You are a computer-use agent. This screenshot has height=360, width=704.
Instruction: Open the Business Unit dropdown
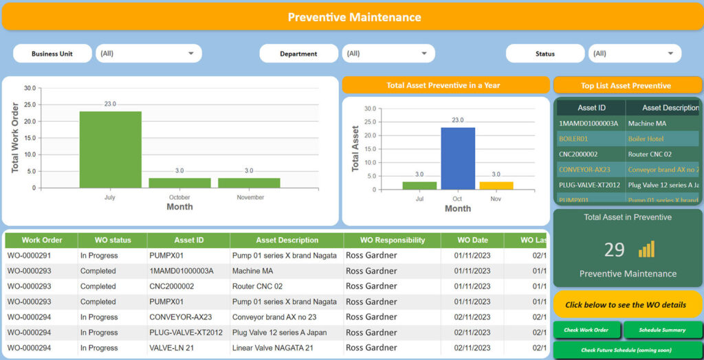(148, 54)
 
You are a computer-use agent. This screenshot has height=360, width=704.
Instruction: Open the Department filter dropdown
(388, 54)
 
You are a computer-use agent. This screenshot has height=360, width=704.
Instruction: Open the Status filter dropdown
(634, 54)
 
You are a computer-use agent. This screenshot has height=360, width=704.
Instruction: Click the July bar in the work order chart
(110, 149)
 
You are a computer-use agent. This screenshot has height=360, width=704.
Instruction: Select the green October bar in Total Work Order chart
(179, 183)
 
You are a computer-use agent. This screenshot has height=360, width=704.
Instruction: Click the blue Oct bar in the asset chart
(458, 158)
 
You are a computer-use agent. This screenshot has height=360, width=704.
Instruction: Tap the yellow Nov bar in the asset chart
(496, 185)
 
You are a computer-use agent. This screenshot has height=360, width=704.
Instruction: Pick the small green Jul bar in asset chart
(419, 185)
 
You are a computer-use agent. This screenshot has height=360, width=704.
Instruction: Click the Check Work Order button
(586, 330)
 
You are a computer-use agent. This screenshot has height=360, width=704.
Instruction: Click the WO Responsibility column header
(392, 240)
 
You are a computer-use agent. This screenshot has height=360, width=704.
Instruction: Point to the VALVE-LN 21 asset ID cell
(172, 348)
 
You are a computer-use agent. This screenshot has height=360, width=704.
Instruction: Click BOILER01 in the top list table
(573, 139)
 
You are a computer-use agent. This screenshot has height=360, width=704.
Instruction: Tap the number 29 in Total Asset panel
(614, 249)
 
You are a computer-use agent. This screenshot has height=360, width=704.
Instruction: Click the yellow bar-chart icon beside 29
(646, 249)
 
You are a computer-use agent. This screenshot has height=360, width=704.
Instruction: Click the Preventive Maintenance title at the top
(354, 17)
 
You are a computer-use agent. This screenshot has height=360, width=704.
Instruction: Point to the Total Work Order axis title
(15, 137)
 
